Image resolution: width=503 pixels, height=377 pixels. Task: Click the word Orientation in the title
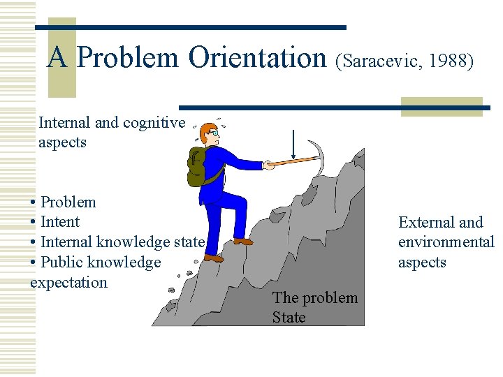tap(258, 58)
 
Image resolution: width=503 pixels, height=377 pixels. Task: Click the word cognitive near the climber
tap(154, 123)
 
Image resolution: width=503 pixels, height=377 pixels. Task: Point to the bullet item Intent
tap(60, 222)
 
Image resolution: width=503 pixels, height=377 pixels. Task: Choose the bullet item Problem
tap(68, 202)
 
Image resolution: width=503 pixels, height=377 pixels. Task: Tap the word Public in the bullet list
tap(61, 263)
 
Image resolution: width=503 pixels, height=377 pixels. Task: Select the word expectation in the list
tap(68, 283)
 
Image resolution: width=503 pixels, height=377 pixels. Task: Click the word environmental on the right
tap(446, 242)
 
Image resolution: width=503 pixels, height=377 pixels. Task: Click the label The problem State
tap(314, 307)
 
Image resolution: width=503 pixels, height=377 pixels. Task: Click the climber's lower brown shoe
tap(214, 258)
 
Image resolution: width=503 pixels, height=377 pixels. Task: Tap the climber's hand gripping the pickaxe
tap(268, 165)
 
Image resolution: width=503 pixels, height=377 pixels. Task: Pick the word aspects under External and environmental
tap(422, 263)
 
